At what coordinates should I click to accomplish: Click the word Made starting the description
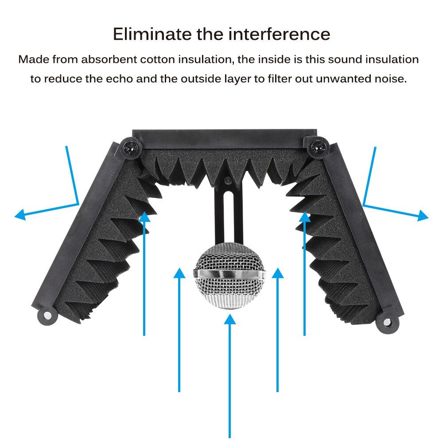tap(34, 59)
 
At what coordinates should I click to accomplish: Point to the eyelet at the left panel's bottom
tap(46, 316)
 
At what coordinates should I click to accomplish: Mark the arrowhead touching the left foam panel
tap(144, 217)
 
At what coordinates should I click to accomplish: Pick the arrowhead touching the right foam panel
tap(305, 217)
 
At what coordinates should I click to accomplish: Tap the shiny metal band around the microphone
tap(230, 275)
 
